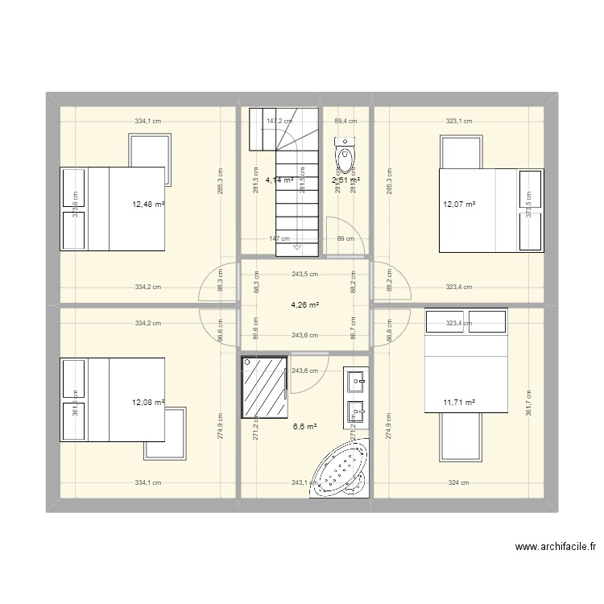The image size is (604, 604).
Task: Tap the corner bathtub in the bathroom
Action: pos(337,472)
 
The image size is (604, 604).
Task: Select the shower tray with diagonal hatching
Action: pos(265,389)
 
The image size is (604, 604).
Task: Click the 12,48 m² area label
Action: pos(148,204)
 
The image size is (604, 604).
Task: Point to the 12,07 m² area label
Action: pos(459,204)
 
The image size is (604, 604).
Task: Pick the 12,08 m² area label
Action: pos(148,402)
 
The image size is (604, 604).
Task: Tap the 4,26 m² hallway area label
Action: pos(304,305)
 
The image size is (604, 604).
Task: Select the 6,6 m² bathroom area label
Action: pos(304,427)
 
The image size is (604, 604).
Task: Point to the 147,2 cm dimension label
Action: pos(280,122)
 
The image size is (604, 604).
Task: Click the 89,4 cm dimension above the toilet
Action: pos(345,122)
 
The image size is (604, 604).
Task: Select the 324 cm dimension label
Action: pos(458,483)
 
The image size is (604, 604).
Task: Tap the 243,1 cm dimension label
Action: pos(304,483)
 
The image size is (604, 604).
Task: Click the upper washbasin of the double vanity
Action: pos(354,379)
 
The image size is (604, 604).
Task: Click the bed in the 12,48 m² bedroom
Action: pos(113,209)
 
